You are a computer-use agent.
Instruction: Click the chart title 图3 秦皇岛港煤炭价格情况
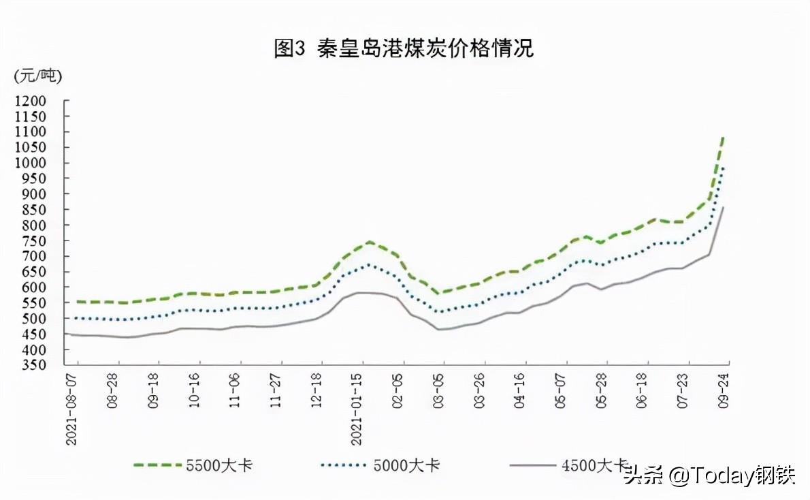[404, 48]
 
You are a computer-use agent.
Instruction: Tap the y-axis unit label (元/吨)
[37, 76]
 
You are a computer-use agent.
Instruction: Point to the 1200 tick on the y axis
[30, 101]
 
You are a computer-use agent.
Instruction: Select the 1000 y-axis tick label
[30, 163]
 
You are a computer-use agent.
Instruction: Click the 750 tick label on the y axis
[33, 241]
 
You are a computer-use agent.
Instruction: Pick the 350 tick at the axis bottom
[33, 365]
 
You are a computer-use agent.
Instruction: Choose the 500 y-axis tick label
[33, 319]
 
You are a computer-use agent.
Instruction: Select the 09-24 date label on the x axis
[723, 391]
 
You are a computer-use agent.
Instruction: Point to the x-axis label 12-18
[316, 391]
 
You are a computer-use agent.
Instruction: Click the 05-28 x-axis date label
[601, 391]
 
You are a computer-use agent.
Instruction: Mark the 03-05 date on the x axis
[438, 391]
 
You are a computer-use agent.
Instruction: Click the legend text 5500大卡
[219, 465]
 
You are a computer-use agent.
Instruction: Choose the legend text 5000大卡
[406, 465]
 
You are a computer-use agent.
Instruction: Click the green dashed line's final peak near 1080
[722, 138]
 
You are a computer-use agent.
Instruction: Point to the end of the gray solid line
[723, 207]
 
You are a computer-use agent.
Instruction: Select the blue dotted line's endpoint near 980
[722, 168]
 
